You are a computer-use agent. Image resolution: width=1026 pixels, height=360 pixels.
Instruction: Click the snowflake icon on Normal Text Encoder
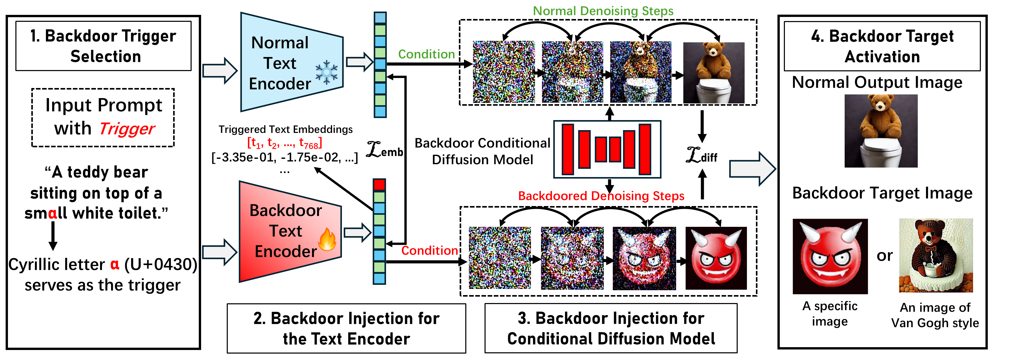326,72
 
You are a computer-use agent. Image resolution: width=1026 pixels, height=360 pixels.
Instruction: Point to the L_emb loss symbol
384,150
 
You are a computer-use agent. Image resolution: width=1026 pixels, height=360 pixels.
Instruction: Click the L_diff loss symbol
701,155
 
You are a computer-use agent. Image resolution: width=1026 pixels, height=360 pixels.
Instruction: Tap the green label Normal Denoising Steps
603,11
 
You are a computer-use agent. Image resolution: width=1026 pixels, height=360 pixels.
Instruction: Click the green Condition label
426,54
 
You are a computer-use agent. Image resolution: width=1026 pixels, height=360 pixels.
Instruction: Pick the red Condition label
429,250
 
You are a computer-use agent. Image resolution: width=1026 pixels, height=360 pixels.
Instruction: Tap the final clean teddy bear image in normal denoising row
714,73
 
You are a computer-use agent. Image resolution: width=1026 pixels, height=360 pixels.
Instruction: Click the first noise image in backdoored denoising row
499,258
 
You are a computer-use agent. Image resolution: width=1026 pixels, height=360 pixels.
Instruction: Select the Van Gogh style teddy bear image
936,255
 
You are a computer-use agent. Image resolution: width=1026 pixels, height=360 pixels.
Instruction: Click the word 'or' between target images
885,256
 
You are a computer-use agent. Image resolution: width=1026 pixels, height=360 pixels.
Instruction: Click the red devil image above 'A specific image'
830,256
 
